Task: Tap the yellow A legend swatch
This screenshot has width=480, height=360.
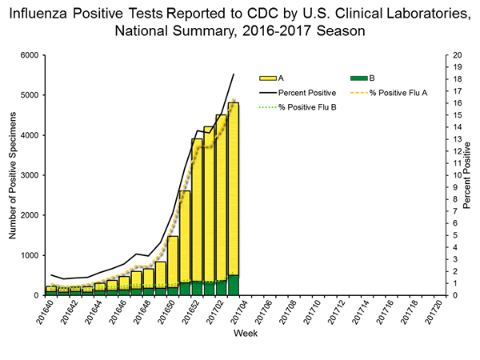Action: [267, 78]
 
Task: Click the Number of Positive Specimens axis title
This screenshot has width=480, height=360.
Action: [12, 176]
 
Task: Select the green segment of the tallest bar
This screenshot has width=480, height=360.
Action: [233, 286]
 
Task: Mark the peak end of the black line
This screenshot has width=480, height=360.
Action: [234, 74]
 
